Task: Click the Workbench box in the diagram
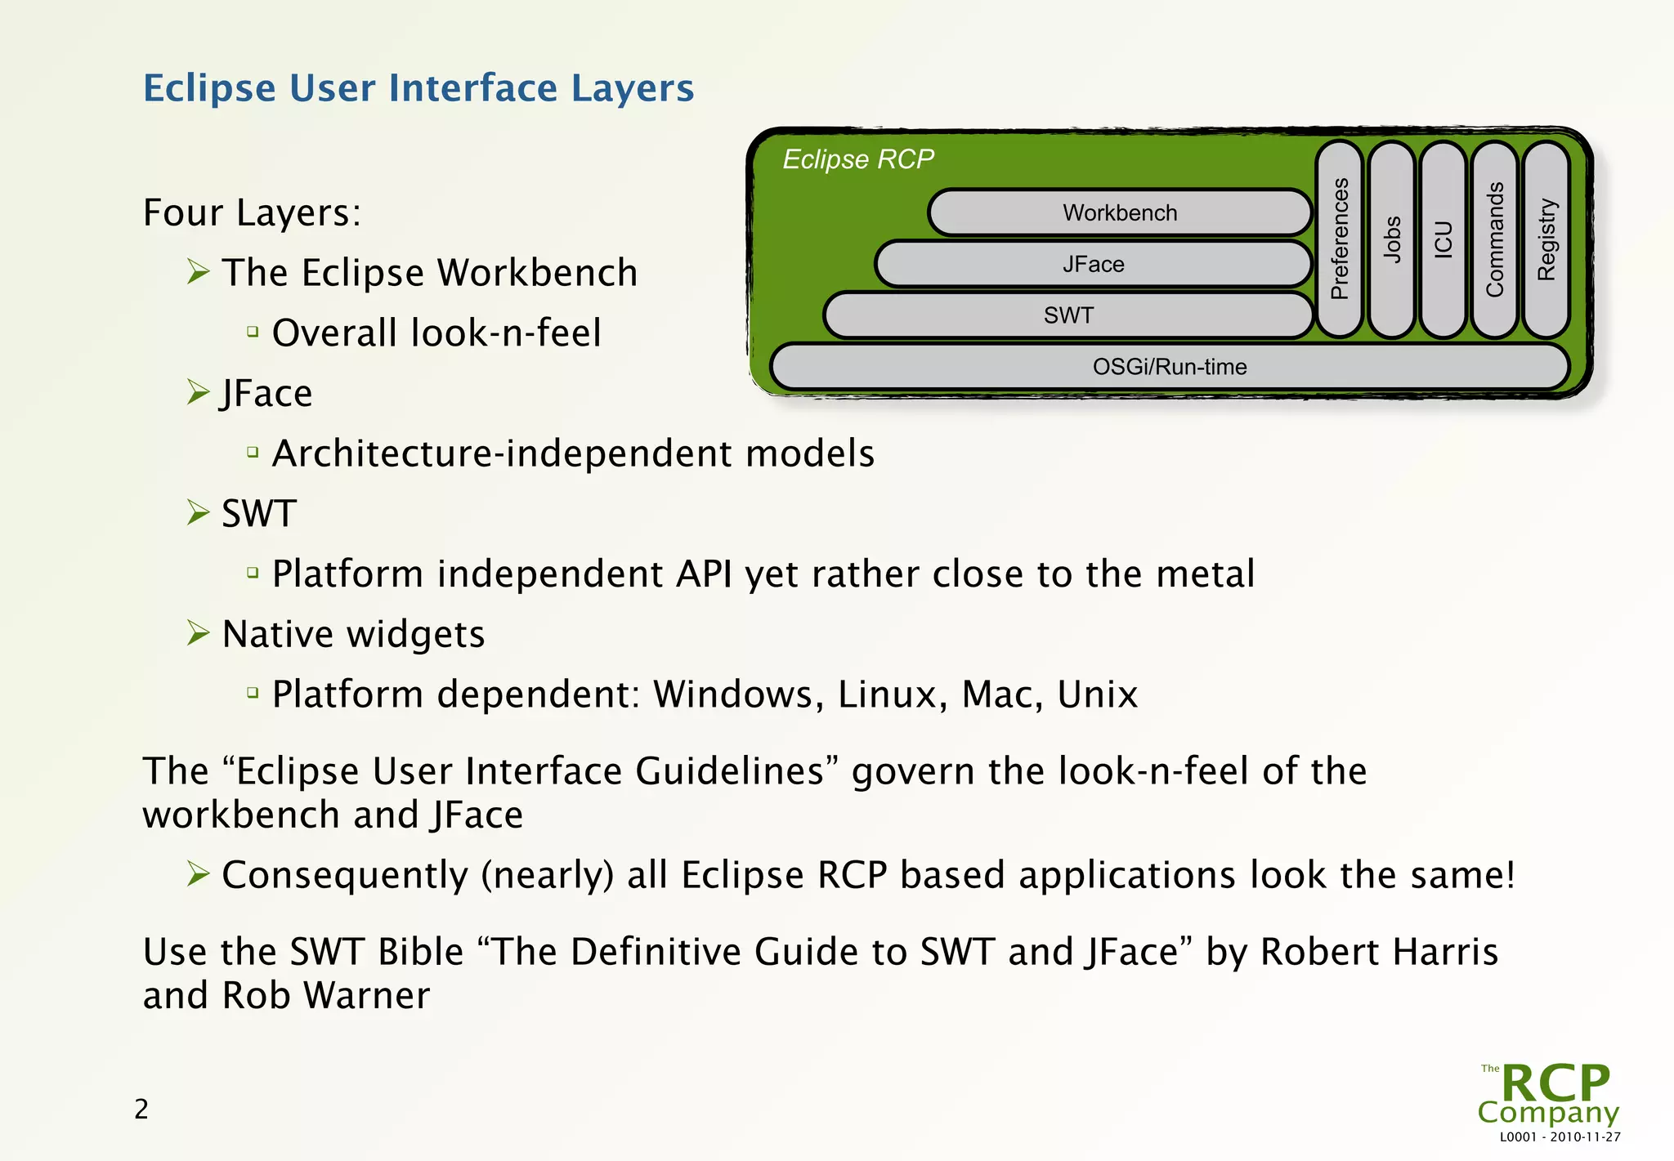pos(1120,213)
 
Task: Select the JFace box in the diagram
pos(1093,265)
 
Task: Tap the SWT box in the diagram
pos(1068,315)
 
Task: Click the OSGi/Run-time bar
pos(1169,367)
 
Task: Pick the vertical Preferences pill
pos(1339,239)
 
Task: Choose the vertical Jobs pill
pos(1391,239)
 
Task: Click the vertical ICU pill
pos(1443,239)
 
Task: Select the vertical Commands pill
pos(1494,239)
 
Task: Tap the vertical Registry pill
pos(1546,239)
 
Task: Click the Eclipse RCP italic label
pos(858,159)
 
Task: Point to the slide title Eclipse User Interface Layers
pos(418,88)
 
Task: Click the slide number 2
pos(141,1109)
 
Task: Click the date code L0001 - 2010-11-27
pos(1560,1136)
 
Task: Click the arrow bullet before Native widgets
pos(198,633)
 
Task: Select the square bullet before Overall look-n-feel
pos(253,332)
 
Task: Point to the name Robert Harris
pos(1380,952)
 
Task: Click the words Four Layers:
pos(252,212)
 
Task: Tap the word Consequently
pos(345,875)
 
